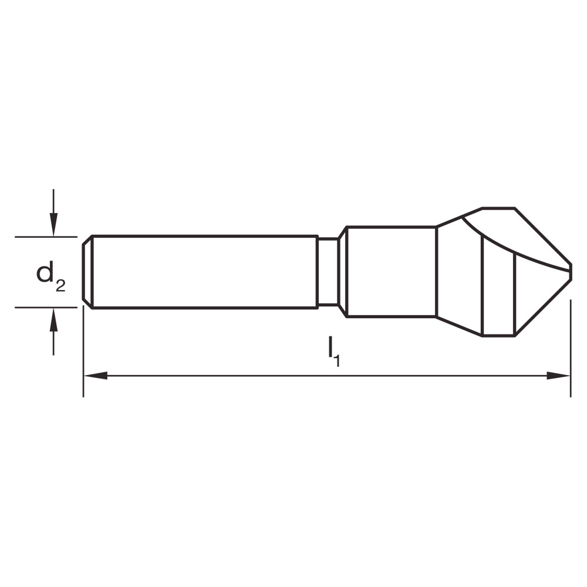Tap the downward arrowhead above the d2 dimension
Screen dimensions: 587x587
(53, 226)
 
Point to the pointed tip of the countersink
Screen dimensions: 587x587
(570, 272)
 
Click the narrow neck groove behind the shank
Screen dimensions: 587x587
(327, 272)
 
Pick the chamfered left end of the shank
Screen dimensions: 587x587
(87, 272)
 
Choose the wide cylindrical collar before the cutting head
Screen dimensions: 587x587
(392, 272)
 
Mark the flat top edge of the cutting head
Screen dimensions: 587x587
(498, 208)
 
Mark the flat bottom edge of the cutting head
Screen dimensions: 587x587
(498, 336)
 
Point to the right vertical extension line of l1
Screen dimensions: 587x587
(571, 352)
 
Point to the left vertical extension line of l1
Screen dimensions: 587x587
(83, 352)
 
